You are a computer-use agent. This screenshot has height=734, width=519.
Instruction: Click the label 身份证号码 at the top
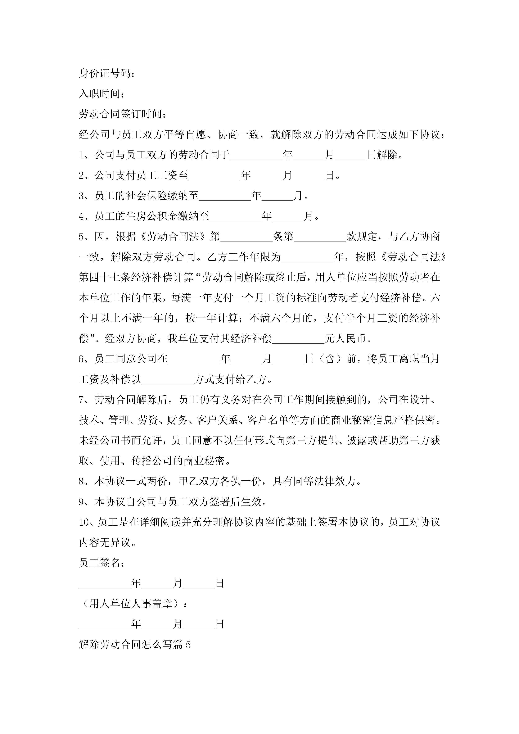click(x=105, y=73)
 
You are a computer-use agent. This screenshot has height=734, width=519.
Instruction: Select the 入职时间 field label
click(x=99, y=94)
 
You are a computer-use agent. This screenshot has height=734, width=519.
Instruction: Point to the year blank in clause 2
click(x=214, y=176)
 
